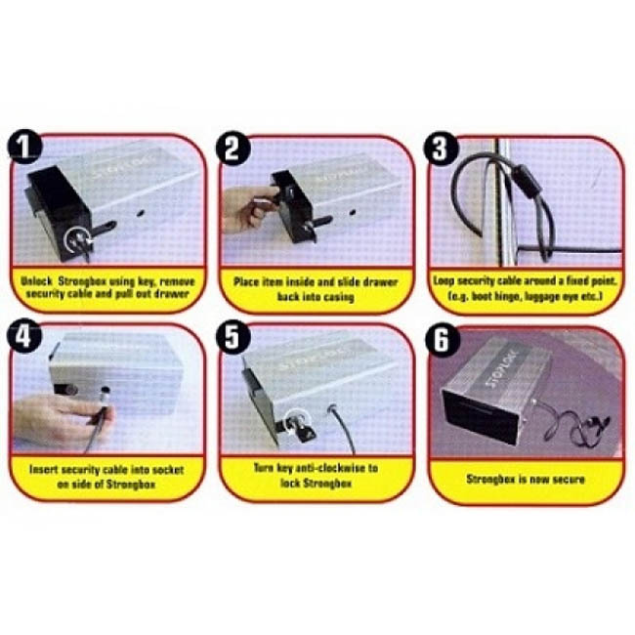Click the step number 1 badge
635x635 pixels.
tap(24, 147)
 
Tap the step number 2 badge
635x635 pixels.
tap(233, 148)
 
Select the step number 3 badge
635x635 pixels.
tap(441, 148)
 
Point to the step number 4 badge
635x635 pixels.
tap(24, 336)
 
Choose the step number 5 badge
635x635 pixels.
tap(233, 337)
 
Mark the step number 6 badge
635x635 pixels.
tap(443, 340)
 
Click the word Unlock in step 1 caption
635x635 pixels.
tap(37, 281)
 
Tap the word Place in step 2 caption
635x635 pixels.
tap(246, 282)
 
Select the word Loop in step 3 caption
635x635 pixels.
tap(442, 280)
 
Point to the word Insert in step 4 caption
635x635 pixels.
tap(43, 470)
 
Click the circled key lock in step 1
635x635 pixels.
tap(78, 240)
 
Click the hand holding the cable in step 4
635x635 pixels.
tap(61, 420)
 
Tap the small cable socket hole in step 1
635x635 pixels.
tap(142, 213)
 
